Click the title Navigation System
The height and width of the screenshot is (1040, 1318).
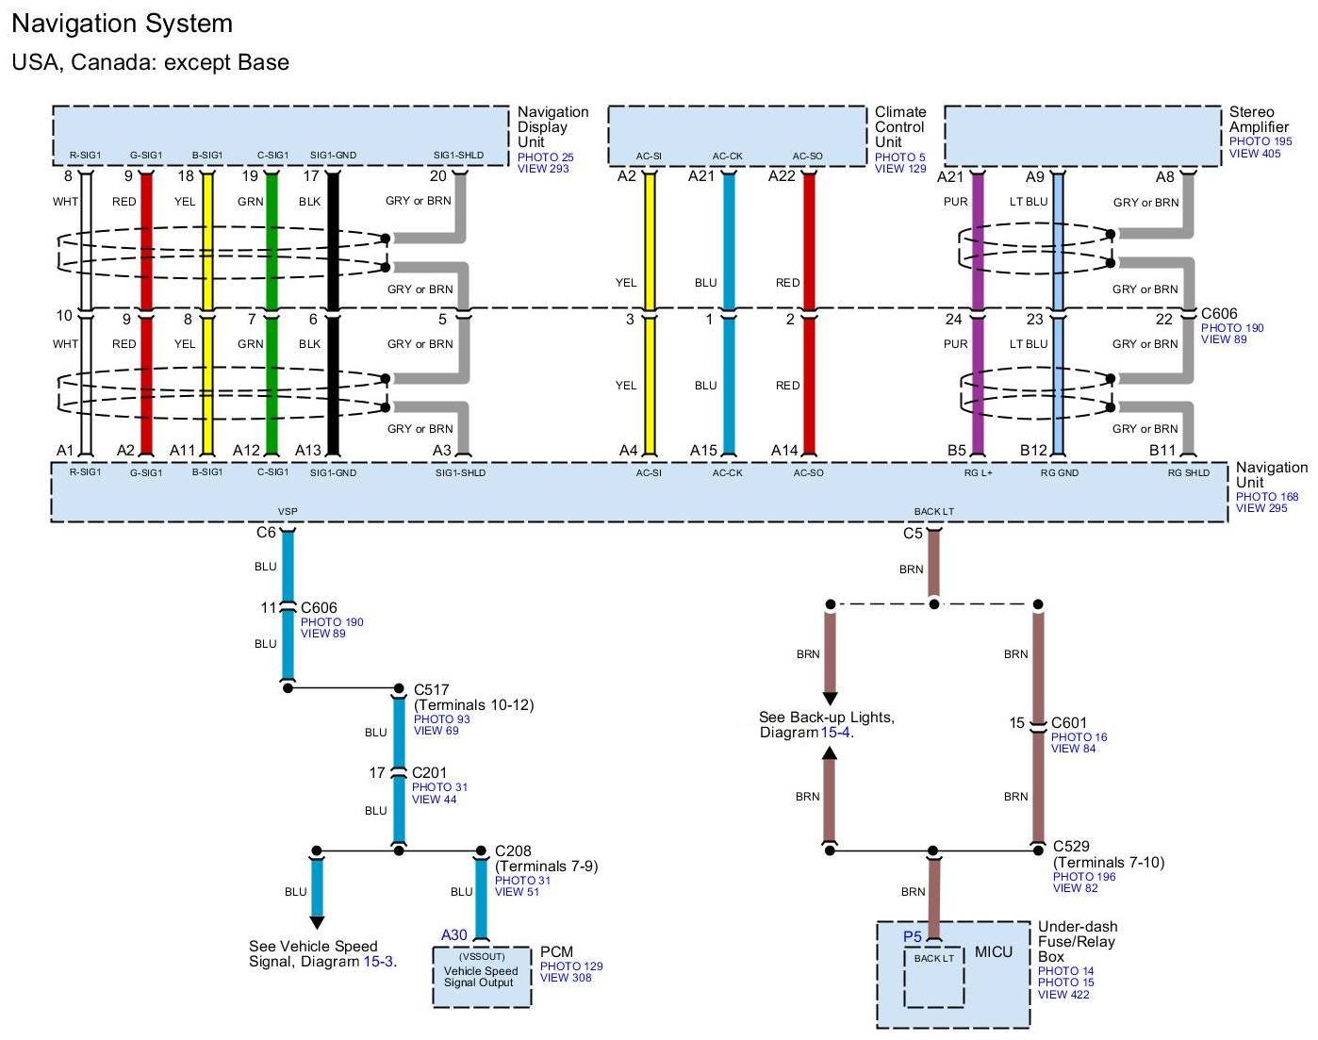pos(123,25)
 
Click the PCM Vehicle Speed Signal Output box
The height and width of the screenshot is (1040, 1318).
pos(482,976)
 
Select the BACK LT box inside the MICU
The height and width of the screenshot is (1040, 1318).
pos(934,977)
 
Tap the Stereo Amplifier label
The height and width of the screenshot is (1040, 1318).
pos(1259,120)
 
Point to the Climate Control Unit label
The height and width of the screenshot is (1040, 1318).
pos(899,126)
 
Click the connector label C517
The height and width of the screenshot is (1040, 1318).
pos(431,689)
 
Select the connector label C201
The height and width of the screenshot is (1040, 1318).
pos(429,772)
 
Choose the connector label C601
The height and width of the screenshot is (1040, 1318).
pos(1069,723)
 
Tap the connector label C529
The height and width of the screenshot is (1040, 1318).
pos(1071,846)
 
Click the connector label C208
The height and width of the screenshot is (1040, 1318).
pos(513,850)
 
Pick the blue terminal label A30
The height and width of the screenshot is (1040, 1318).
pos(453,934)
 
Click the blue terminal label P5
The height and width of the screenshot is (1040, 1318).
pos(913,936)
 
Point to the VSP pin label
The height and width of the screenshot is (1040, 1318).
pos(288,511)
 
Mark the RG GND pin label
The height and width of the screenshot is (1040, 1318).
pos(1060,472)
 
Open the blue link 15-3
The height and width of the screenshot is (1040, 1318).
pos(378,962)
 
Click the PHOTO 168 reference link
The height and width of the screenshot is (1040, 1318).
pos(1266,497)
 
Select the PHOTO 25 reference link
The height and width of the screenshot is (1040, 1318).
pos(546,157)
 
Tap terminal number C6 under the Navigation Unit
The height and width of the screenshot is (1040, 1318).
pos(266,532)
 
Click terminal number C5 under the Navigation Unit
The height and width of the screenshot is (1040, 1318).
pos(913,534)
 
